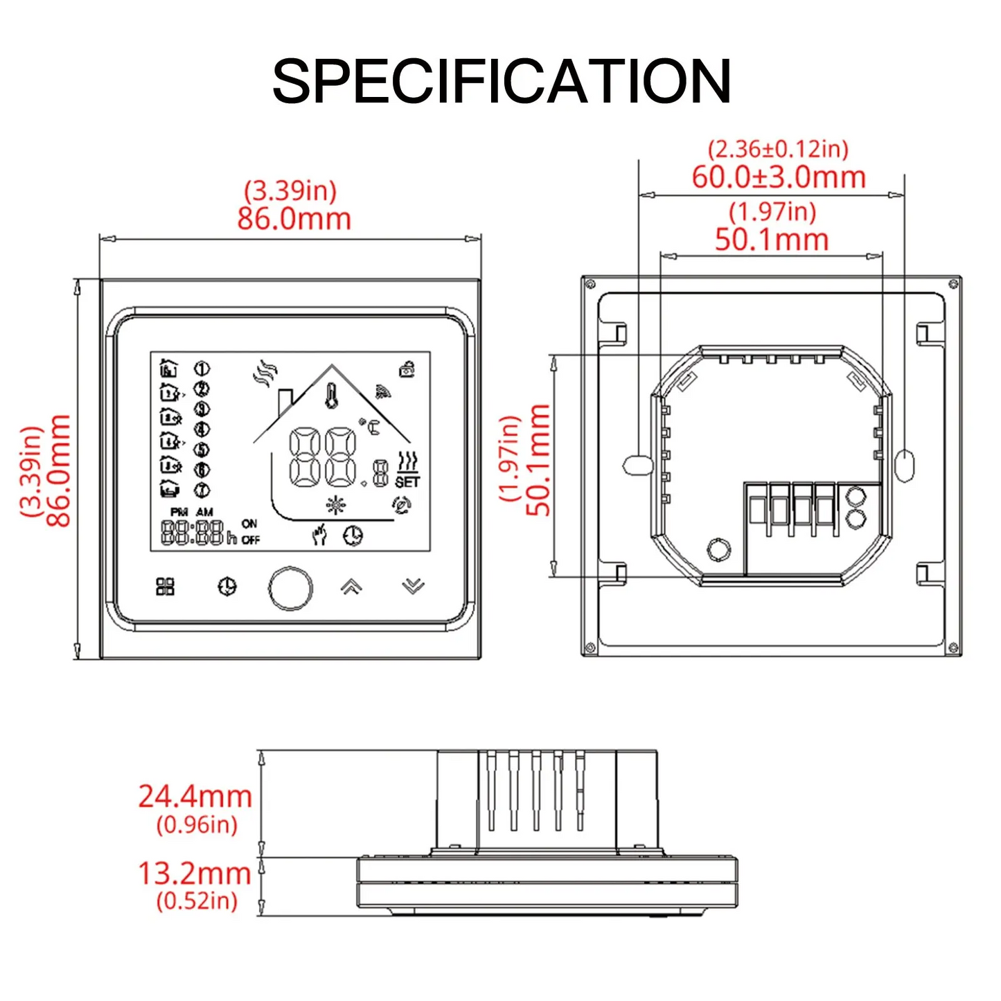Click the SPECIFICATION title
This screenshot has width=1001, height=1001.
click(x=501, y=82)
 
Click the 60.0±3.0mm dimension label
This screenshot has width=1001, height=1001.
click(x=779, y=177)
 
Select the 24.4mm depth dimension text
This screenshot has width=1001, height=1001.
click(x=195, y=797)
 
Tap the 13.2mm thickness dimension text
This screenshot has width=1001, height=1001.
click(x=194, y=874)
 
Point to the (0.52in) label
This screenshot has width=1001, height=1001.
click(x=197, y=901)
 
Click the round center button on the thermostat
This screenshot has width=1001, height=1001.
click(x=290, y=588)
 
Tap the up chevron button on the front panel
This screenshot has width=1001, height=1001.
click(x=351, y=587)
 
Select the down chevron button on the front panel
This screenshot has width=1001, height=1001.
click(x=413, y=587)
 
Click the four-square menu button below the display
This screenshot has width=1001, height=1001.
click(x=166, y=587)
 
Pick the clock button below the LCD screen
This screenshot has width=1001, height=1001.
click(x=227, y=587)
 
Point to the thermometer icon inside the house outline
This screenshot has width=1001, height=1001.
click(x=332, y=396)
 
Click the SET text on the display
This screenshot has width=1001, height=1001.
click(x=407, y=481)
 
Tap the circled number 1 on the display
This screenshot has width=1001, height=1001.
click(x=202, y=369)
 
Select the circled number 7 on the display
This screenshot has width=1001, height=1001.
click(x=202, y=490)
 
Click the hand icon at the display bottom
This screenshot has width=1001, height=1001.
click(x=319, y=534)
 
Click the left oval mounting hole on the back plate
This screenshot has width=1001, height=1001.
click(x=637, y=465)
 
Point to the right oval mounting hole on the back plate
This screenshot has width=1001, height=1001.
click(x=905, y=465)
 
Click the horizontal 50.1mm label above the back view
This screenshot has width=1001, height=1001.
click(x=772, y=240)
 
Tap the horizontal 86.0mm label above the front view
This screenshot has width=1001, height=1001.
click(x=294, y=219)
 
